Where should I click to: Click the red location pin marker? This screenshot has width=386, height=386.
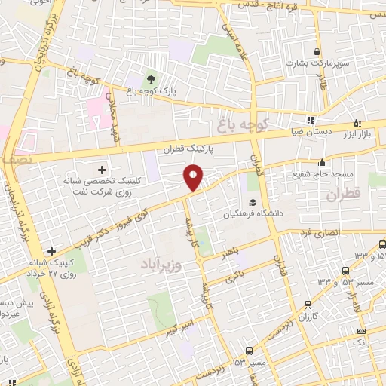click(194, 178)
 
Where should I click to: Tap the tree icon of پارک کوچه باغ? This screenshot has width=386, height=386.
click(150, 79)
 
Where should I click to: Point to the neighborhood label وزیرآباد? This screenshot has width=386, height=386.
click(163, 265)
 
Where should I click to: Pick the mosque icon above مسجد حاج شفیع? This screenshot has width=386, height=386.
click(323, 162)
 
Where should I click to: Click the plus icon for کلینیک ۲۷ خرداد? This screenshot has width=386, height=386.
click(51, 251)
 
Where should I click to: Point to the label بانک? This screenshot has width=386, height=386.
click(360, 342)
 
